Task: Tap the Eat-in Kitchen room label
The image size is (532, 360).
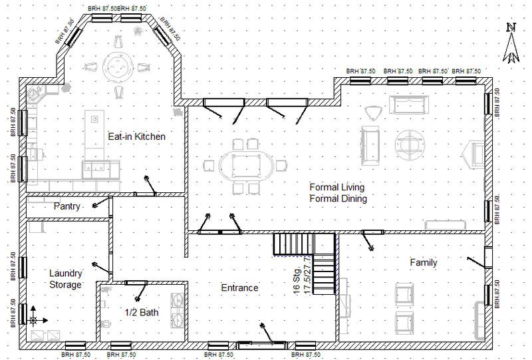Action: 136,136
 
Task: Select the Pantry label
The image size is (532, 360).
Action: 67,206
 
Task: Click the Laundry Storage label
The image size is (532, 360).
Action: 66,279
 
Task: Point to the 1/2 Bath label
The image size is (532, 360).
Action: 141,311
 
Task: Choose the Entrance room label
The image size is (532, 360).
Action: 239,288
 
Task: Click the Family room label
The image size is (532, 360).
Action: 423,263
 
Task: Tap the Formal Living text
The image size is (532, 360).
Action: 337,186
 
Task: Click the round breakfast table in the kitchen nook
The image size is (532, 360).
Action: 118,66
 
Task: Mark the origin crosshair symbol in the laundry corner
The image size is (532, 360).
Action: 33,320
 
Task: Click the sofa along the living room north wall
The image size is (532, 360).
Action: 408,104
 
